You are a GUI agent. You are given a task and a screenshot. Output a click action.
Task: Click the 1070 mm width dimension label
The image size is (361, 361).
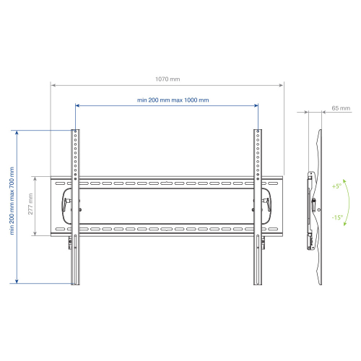pyautogui.click(x=168, y=79)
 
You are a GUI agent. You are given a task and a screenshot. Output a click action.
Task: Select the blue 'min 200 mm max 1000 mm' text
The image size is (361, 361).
pyautogui.click(x=173, y=100)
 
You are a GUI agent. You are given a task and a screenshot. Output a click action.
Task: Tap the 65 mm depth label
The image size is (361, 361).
pyautogui.click(x=341, y=108)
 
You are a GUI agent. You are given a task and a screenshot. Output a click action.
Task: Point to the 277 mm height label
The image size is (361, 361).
pyautogui.click(x=30, y=204)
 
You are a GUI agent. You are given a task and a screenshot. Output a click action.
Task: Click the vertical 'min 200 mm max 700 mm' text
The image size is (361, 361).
pyautogui.click(x=12, y=201)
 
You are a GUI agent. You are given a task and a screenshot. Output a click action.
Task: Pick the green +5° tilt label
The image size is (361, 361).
pyautogui.click(x=336, y=186)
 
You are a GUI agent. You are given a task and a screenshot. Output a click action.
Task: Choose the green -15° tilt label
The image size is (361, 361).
pyautogui.click(x=337, y=217)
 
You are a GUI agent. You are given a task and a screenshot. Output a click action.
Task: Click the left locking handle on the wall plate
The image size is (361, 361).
pyautogui.click(x=66, y=204)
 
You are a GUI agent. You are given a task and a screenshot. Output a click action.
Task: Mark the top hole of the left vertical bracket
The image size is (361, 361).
pyautogui.click(x=75, y=131)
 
